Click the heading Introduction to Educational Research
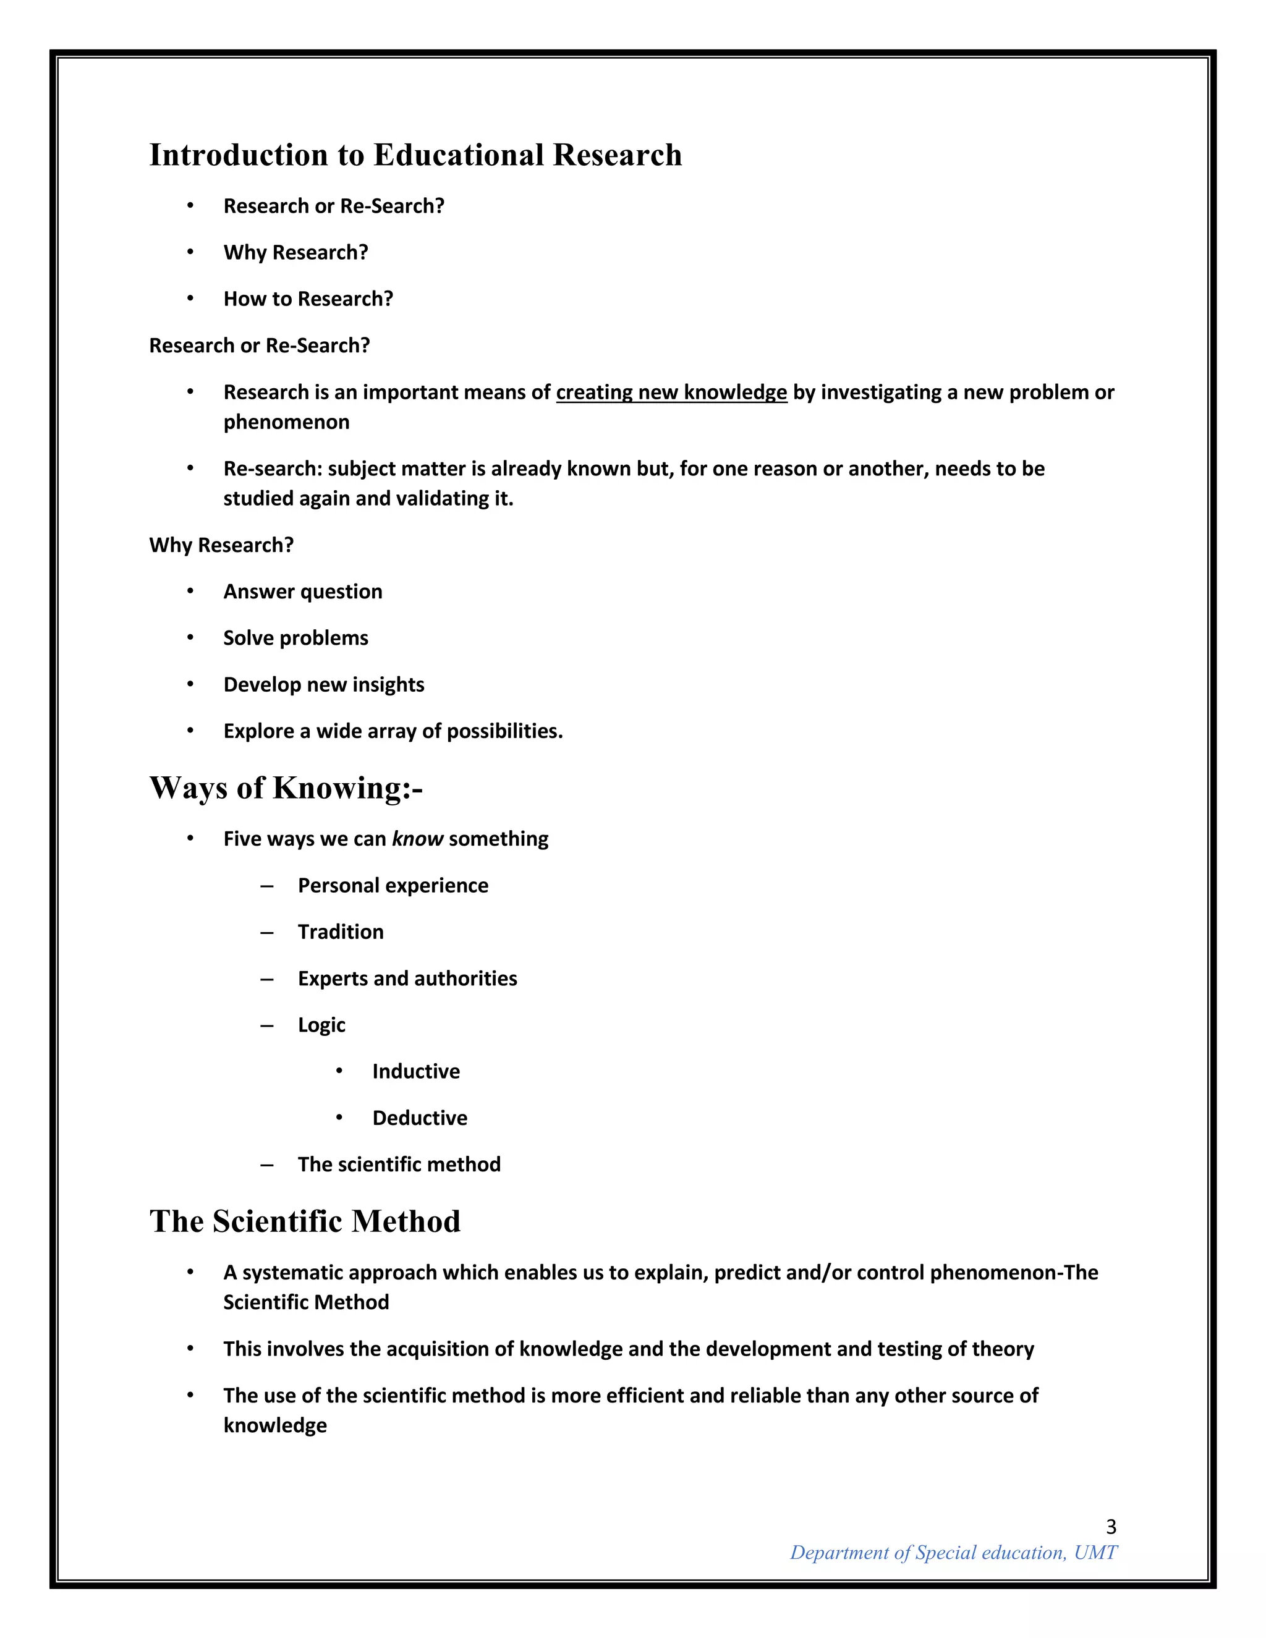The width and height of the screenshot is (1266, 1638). click(x=415, y=155)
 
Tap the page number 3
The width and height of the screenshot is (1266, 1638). click(x=1111, y=1526)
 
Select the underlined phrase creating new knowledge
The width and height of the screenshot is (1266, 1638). click(x=671, y=393)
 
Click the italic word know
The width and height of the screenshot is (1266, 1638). click(x=418, y=839)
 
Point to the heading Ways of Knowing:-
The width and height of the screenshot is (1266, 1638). click(x=286, y=787)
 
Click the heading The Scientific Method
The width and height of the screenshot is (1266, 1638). click(x=305, y=1221)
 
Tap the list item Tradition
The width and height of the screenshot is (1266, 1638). click(x=341, y=931)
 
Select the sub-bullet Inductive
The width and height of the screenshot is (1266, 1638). click(x=415, y=1071)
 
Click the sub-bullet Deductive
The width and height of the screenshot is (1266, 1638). click(x=419, y=1118)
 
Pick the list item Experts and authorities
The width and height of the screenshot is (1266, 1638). click(x=407, y=978)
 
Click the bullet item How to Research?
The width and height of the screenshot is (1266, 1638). click(x=308, y=299)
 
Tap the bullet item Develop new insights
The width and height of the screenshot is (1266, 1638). click(x=323, y=684)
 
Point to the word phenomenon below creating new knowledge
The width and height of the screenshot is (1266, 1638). click(x=286, y=422)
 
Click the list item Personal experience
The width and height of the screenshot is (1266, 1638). click(x=393, y=885)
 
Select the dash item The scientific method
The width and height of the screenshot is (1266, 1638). click(x=399, y=1164)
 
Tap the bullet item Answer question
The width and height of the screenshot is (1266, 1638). click(x=302, y=591)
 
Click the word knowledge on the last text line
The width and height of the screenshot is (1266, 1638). click(x=275, y=1425)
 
